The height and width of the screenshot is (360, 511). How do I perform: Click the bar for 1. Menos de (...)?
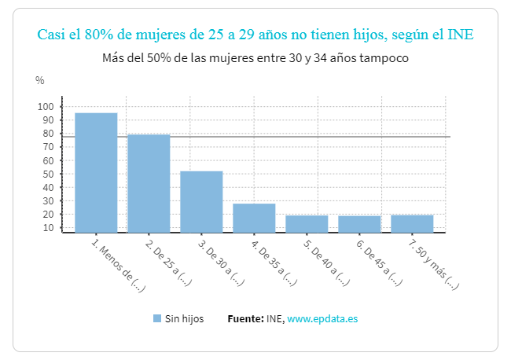click(96, 172)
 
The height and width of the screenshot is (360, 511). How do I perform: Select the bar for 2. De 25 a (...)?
click(149, 183)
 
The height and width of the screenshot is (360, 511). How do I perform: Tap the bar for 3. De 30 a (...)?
click(201, 201)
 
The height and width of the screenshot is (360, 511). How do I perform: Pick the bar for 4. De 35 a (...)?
click(254, 218)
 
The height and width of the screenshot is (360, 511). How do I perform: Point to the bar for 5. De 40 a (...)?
click(307, 223)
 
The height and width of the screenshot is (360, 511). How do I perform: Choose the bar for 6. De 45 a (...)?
click(359, 224)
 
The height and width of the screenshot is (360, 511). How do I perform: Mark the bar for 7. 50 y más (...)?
click(412, 223)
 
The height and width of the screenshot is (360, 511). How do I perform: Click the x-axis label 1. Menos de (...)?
click(119, 266)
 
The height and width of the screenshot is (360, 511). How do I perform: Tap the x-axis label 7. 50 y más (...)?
click(433, 266)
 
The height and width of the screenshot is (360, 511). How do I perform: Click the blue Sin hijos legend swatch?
click(157, 318)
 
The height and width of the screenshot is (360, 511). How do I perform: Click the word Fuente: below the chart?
click(245, 318)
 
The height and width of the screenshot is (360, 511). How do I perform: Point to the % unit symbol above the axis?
click(40, 80)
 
